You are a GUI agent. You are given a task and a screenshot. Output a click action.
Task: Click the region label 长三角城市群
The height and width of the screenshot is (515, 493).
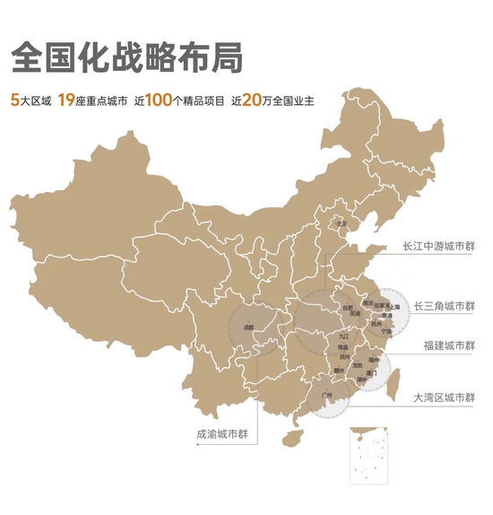coord(445,306)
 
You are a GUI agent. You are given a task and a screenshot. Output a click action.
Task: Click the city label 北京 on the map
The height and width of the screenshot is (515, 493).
coord(341,223)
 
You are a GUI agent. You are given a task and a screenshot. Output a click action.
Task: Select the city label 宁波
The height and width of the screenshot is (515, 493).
coord(386,331)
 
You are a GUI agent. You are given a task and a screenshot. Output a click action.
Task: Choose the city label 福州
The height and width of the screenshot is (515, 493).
coord(374,360)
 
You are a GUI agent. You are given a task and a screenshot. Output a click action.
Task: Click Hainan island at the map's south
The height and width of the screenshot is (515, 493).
coord(292,439)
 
